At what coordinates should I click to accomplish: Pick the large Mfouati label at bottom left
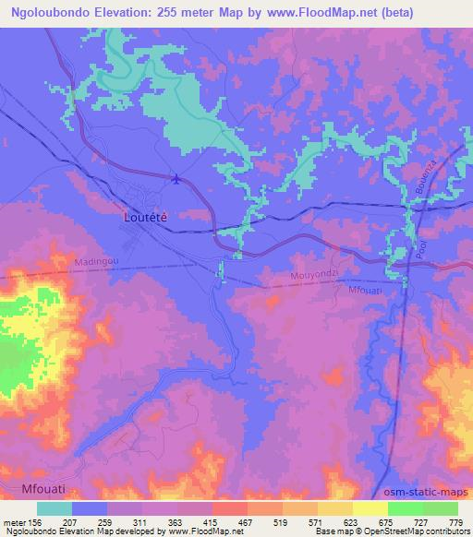click(x=43, y=485)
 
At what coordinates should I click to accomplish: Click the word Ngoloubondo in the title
click(x=57, y=12)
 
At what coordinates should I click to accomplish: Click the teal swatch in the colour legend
click(x=55, y=508)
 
